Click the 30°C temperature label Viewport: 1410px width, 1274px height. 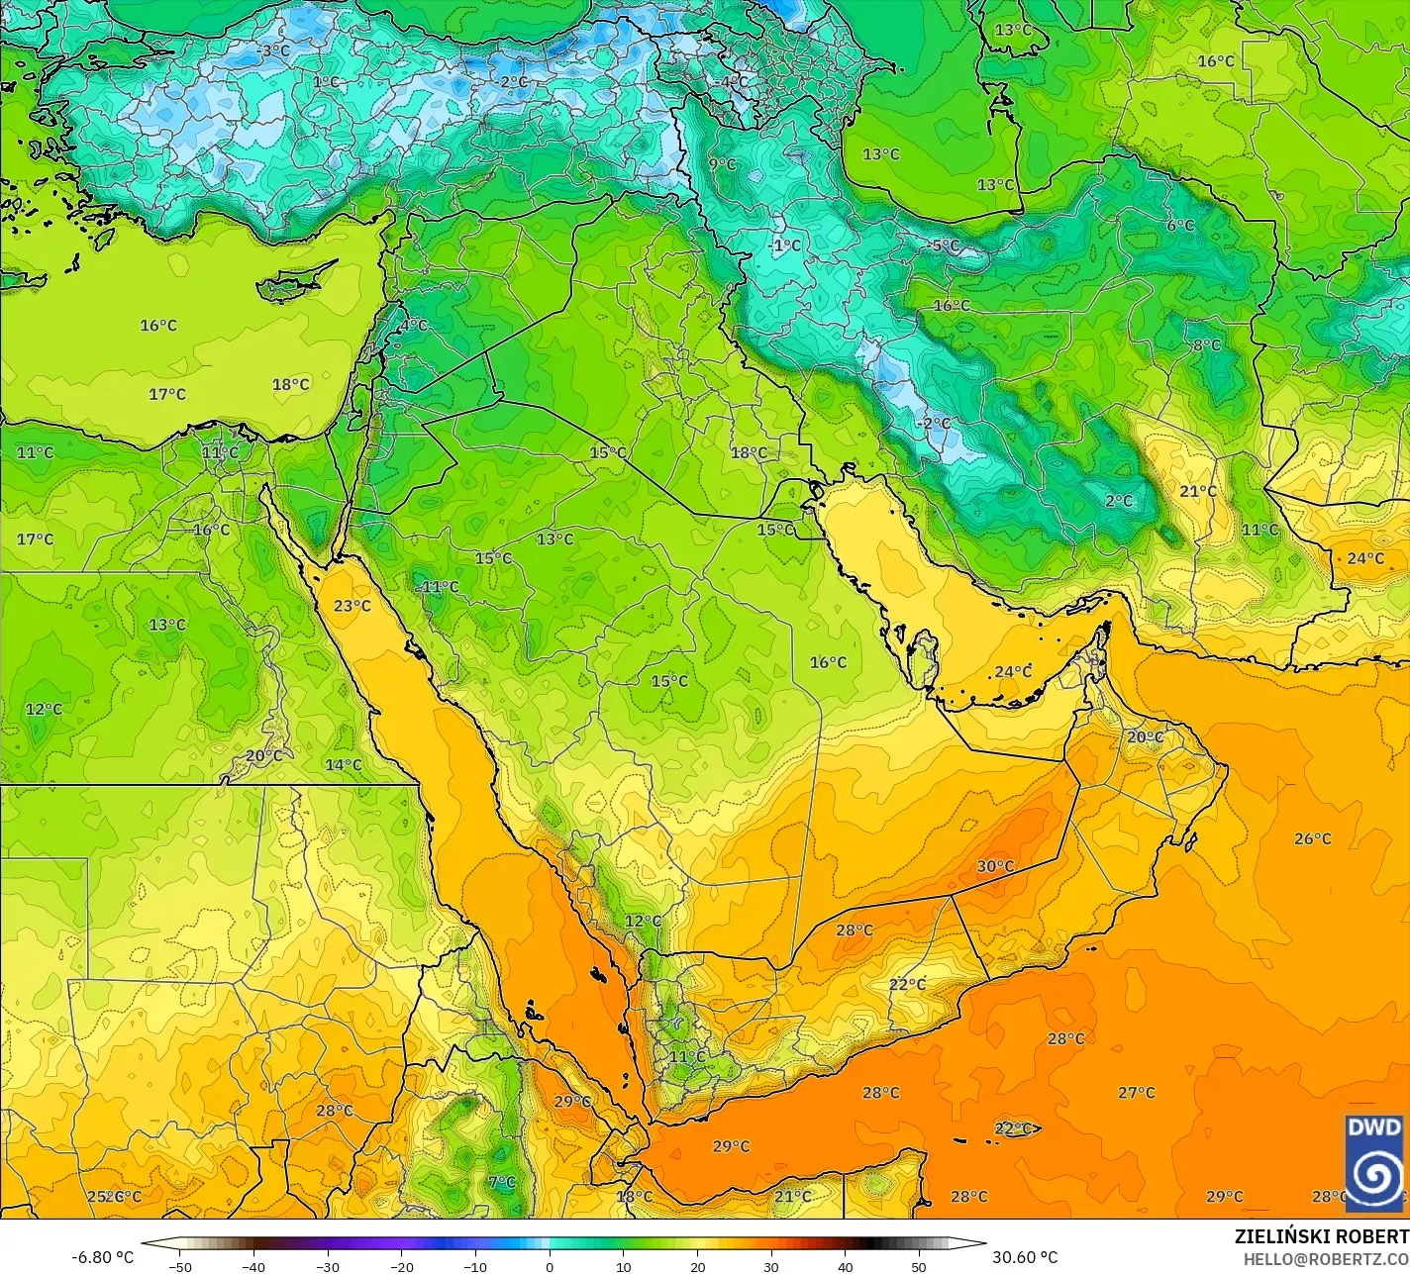pos(995,866)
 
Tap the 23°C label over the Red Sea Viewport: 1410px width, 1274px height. pos(352,606)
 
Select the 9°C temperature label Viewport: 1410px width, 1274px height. pos(722,164)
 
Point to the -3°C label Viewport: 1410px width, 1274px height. pos(272,50)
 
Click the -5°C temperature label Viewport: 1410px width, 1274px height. pos(945,245)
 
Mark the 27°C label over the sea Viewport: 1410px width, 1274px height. pos(1137,1093)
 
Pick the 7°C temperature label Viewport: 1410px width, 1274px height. pos(502,1182)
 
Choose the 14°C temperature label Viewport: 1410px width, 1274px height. pos(344,765)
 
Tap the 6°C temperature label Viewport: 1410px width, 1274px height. pos(1180,226)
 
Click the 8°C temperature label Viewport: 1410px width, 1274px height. pos(1206,345)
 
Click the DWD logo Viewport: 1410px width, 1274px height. pos(1374,1162)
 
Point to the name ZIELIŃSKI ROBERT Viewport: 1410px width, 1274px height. pos(1322,1237)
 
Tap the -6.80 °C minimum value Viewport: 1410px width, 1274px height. pos(102,1257)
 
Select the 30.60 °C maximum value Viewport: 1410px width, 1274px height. pos(1025,1257)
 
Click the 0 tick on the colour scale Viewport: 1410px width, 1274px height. pos(550,1267)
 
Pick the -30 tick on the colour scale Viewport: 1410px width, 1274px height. pos(328,1267)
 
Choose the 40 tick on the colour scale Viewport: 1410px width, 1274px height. pos(845,1267)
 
